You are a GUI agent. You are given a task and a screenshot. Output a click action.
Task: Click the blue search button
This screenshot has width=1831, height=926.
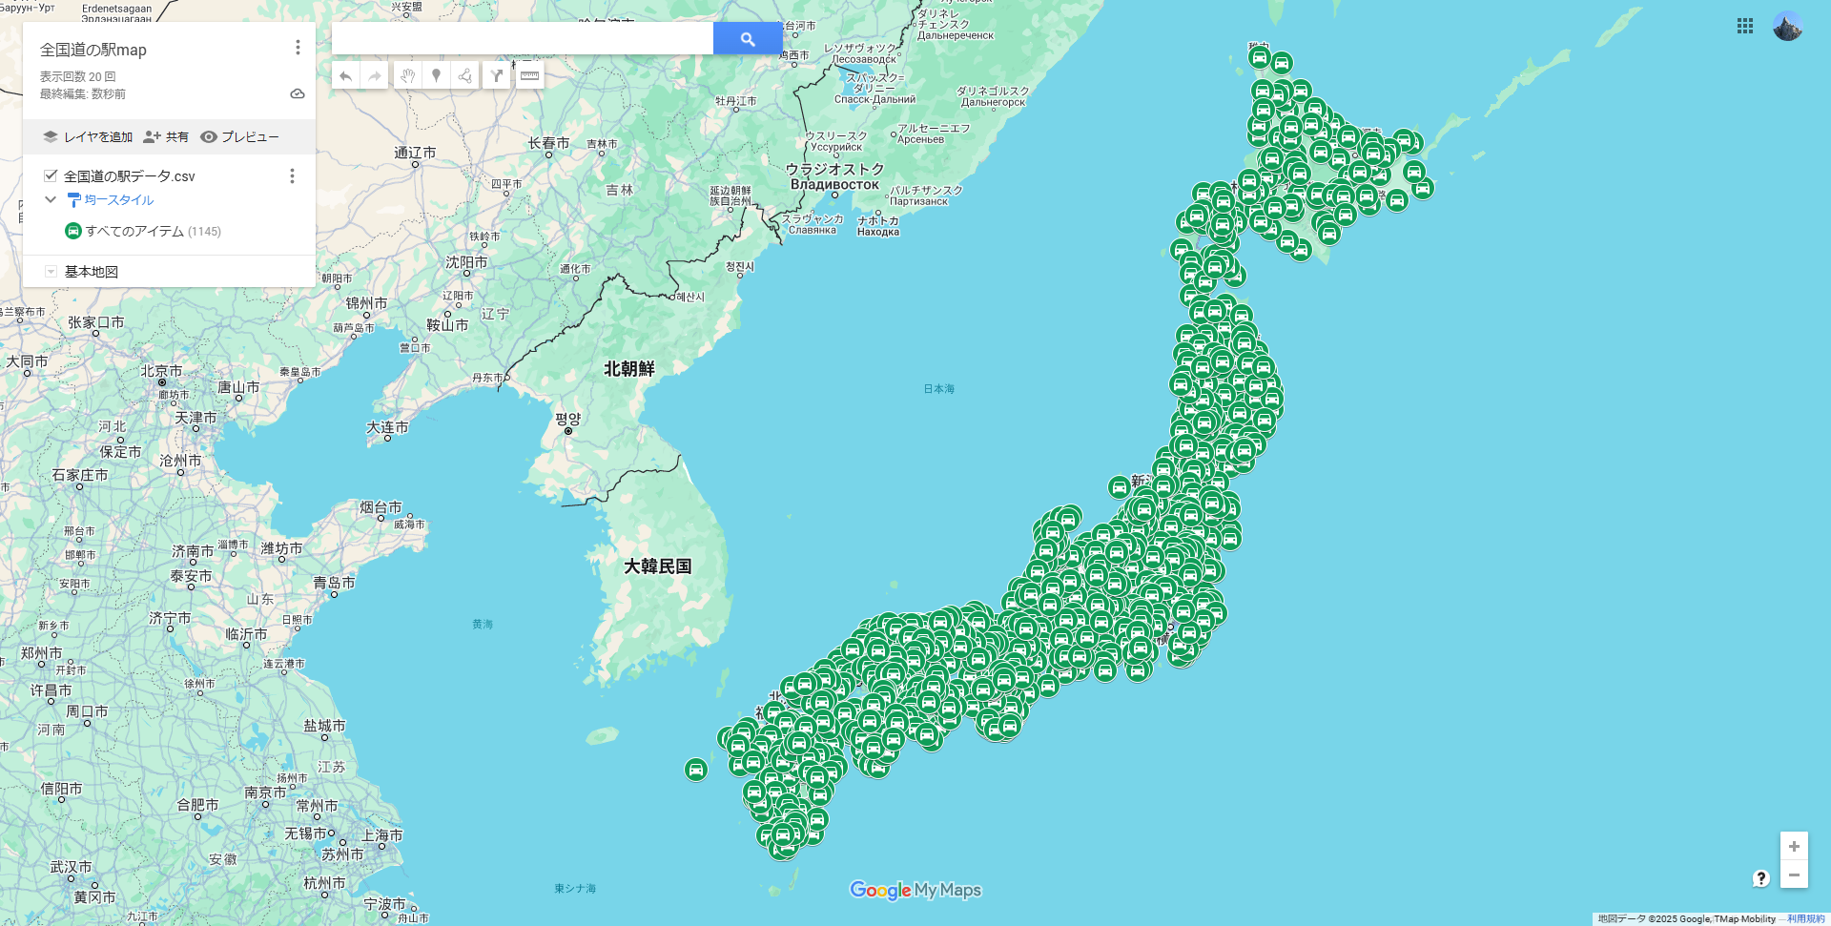(747, 39)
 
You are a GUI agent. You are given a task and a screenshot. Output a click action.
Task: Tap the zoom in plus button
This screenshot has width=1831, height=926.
(1793, 846)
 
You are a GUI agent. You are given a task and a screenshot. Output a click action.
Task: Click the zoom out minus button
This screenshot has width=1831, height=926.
(1793, 875)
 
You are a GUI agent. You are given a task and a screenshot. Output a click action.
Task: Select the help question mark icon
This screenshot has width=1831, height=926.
(1760, 878)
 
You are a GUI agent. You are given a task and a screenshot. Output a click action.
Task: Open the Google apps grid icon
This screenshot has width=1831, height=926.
(1744, 27)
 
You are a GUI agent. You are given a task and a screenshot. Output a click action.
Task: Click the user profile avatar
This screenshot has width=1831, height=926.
(1787, 27)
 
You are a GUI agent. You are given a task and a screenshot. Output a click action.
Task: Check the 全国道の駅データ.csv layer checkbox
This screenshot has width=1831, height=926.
(51, 175)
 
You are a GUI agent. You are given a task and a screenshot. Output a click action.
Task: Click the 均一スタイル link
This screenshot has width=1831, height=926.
(118, 200)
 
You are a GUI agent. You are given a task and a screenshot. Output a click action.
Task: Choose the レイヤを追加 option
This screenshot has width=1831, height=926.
(88, 137)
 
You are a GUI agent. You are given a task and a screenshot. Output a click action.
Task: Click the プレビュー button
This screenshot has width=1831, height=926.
(239, 137)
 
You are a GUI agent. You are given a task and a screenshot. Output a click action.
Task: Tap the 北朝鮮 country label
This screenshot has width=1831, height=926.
(628, 369)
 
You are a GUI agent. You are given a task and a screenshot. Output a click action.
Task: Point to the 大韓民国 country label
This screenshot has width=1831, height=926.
(657, 566)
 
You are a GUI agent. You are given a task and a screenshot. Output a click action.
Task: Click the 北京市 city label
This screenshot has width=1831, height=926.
(161, 371)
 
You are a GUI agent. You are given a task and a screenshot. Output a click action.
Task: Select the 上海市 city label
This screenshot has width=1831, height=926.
(381, 835)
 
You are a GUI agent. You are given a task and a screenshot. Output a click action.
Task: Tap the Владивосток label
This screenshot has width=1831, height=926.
(834, 185)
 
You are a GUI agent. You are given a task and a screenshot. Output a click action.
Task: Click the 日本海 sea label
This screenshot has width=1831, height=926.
(938, 389)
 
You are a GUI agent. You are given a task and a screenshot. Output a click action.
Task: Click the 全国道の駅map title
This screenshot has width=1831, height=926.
(93, 50)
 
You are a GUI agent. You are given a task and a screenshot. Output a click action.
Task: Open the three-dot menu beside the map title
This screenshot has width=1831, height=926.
(298, 48)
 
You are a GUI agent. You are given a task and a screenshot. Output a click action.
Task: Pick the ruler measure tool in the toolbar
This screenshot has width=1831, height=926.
(529, 75)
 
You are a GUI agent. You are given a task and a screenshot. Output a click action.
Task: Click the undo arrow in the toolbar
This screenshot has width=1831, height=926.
(345, 75)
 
